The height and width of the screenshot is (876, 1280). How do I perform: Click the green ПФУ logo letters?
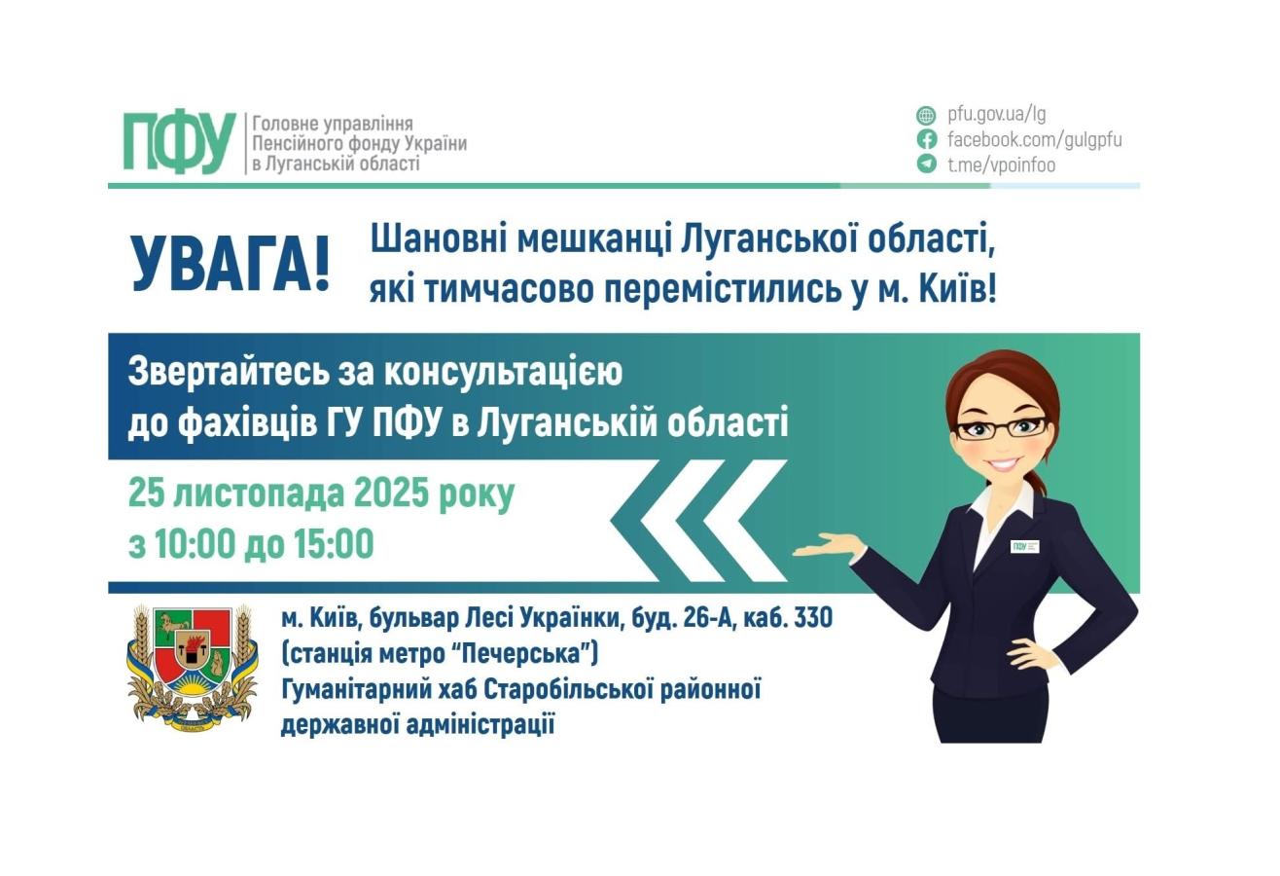coord(179,142)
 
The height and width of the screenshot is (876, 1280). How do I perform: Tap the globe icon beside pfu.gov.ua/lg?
coord(926,115)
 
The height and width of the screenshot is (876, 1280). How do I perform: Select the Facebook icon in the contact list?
coord(926,139)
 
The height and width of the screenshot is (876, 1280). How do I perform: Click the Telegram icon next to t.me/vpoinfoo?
coord(926,164)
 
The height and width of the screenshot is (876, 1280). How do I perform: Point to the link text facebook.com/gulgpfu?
coord(1034,139)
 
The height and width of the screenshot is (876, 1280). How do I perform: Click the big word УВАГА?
coord(231,264)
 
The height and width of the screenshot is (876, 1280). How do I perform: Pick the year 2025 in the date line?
coord(391,493)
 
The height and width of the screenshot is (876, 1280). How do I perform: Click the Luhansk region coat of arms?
coord(193,667)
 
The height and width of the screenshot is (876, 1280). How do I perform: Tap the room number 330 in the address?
coord(813,618)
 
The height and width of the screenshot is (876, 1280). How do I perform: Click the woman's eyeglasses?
coord(1001,427)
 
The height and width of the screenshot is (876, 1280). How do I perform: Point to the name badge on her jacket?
coord(1024,546)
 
